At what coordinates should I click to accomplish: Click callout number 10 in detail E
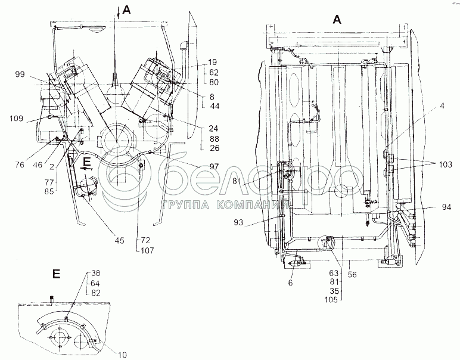122,355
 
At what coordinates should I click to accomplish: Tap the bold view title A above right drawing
337,20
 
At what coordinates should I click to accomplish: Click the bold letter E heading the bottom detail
56,275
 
